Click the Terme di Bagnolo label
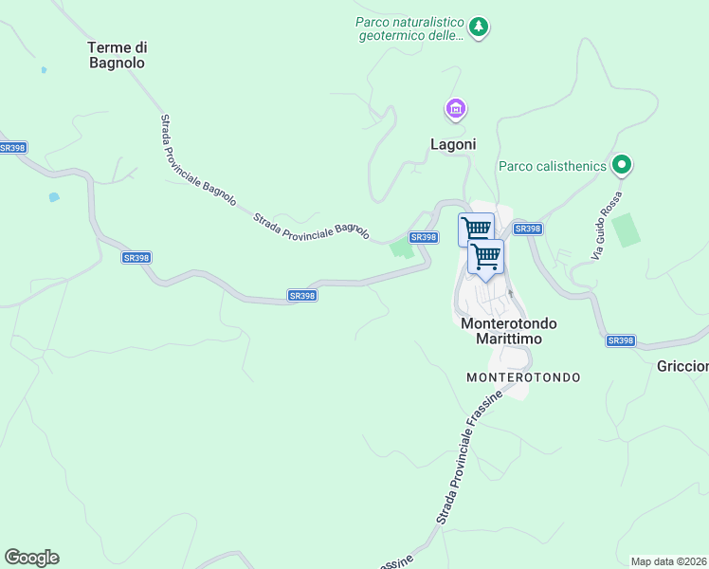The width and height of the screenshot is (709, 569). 118,55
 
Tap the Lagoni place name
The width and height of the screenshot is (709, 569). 453,145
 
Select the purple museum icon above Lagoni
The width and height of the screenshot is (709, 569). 456,110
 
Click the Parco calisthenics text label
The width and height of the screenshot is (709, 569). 553,167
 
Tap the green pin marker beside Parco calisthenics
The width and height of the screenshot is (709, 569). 622,166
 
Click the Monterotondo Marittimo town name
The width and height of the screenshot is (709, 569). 508,332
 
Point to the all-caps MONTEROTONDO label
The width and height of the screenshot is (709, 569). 523,377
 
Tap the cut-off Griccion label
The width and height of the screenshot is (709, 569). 682,366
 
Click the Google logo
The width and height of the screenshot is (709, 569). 31,558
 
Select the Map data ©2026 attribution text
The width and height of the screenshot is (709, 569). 669,561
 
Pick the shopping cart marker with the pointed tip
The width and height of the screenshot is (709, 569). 485,257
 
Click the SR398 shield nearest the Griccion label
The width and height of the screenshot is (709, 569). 620,340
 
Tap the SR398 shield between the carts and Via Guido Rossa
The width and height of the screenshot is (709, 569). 526,229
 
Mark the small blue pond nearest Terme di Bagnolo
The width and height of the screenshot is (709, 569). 43,70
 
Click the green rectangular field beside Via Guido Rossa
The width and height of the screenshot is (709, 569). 626,230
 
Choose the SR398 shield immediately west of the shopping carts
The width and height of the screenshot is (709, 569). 423,237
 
